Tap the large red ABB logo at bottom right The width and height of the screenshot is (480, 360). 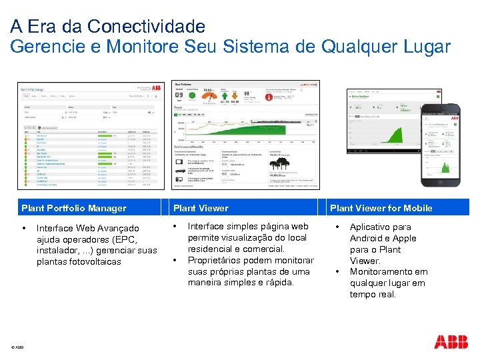pyautogui.click(x=451, y=342)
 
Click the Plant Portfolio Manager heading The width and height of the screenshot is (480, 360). pyautogui.click(x=73, y=208)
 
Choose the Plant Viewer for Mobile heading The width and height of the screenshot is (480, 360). pyautogui.click(x=381, y=208)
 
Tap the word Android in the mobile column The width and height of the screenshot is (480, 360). pyautogui.click(x=366, y=238)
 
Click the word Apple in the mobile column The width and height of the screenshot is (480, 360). pyautogui.click(x=404, y=238)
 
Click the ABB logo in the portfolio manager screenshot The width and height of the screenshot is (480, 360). pyautogui.click(x=156, y=87)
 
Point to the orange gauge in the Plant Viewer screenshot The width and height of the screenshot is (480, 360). pyautogui.click(x=208, y=95)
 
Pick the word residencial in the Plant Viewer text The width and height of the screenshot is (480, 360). pyautogui.click(x=211, y=249)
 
